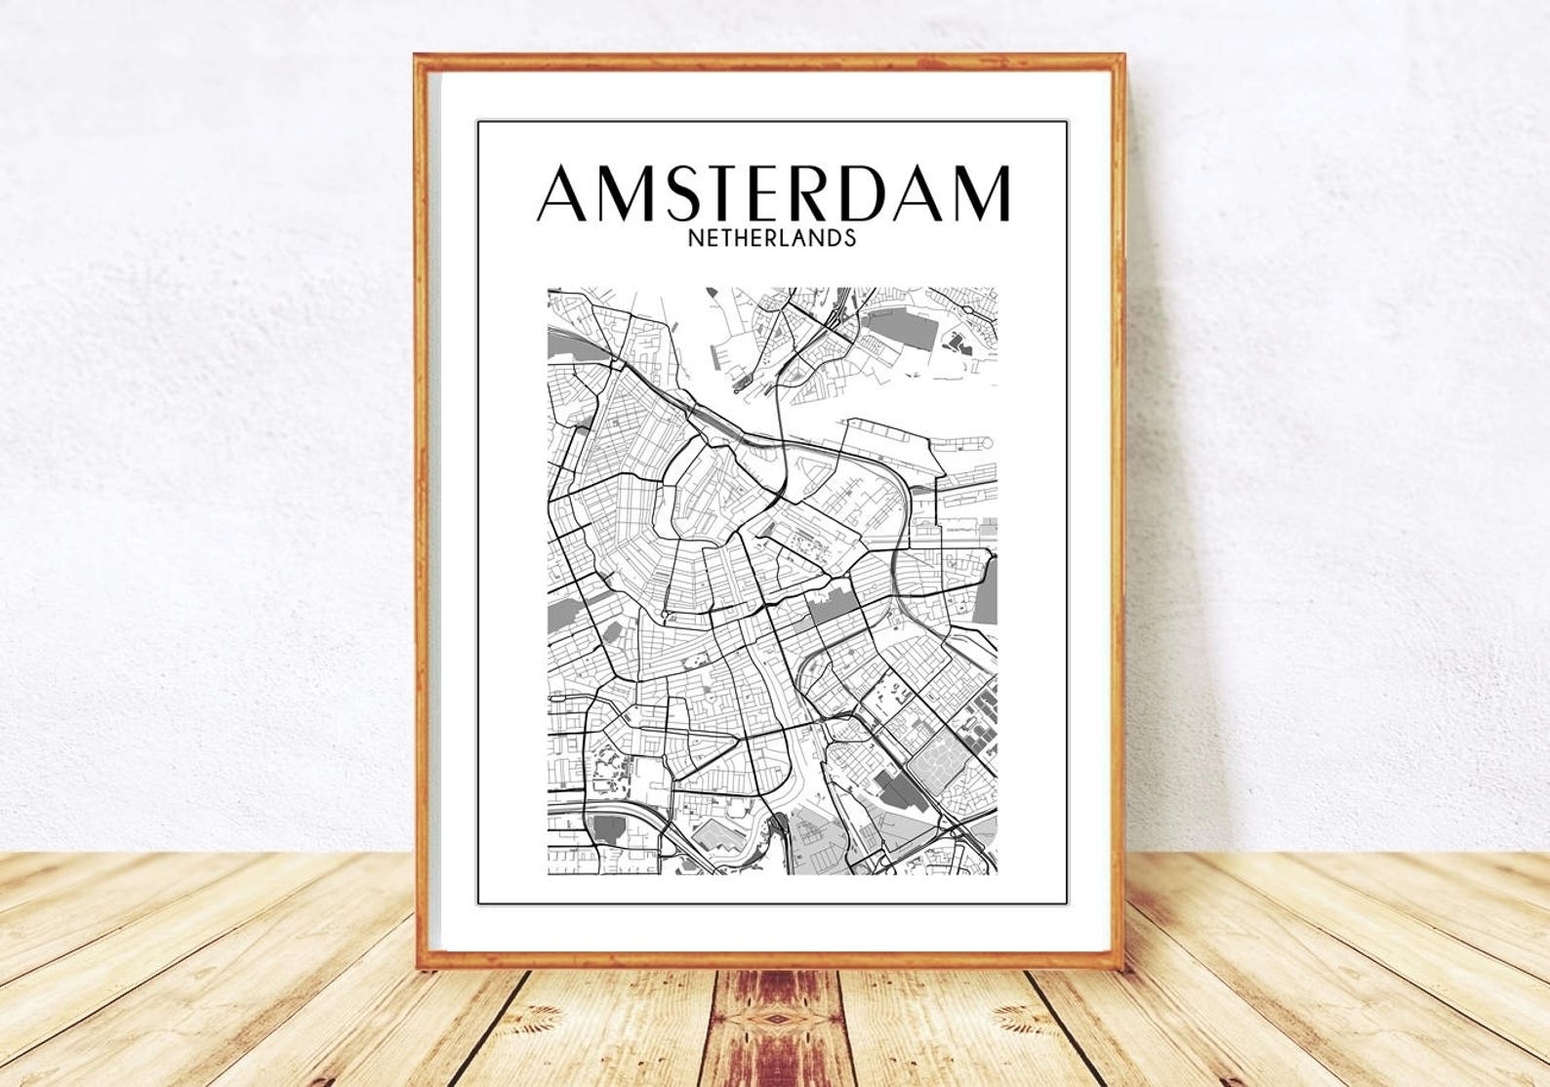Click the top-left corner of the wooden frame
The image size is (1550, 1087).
coord(417,58)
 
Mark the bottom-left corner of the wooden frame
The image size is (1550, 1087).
coord(420,972)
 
